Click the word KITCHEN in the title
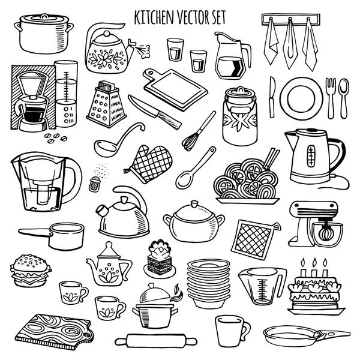point(154,17)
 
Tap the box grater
point(106,104)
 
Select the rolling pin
point(156,340)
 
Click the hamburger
point(31,271)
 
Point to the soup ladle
point(118,139)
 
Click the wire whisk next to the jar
point(199,131)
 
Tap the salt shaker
point(95,184)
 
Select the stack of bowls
point(208,283)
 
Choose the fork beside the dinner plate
point(331,98)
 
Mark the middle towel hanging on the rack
point(290,44)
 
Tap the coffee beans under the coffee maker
point(56,138)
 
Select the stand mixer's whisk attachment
point(325,232)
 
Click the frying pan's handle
point(335,334)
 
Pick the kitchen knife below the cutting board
point(155,112)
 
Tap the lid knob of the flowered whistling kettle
point(106,34)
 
